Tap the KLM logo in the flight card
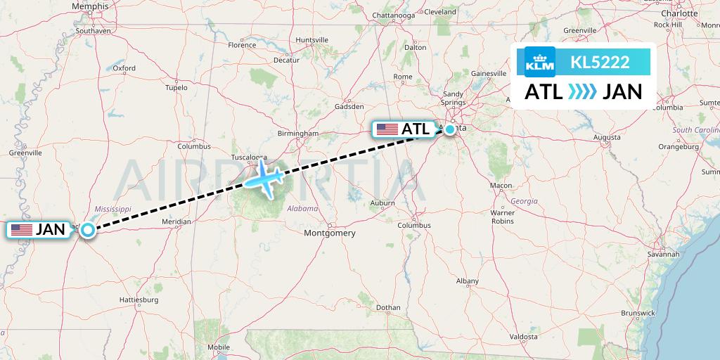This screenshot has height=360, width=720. (x=540, y=62)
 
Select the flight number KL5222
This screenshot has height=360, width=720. (x=600, y=63)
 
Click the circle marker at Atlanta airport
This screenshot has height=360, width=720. (x=450, y=129)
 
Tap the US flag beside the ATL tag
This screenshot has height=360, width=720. (x=387, y=129)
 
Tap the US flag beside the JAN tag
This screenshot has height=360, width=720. (x=21, y=229)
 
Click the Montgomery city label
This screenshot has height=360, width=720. (x=329, y=233)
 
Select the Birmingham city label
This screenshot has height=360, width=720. (x=298, y=133)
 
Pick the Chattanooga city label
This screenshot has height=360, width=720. (x=394, y=15)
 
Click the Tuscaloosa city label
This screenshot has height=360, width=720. (x=250, y=157)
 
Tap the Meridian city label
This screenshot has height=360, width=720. (x=176, y=221)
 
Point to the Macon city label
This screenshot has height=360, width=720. (x=501, y=186)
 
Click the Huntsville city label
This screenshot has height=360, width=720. (x=312, y=40)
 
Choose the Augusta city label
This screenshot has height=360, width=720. (x=607, y=137)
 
